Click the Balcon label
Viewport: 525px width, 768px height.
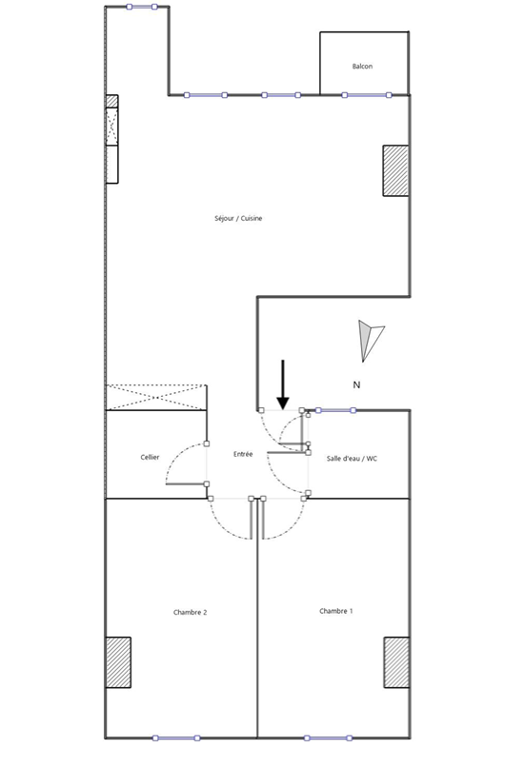(x=362, y=66)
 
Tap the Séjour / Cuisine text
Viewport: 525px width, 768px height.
(x=238, y=219)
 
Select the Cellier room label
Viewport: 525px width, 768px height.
(x=150, y=457)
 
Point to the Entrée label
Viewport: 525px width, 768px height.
(x=243, y=454)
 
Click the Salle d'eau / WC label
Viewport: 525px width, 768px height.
(x=352, y=459)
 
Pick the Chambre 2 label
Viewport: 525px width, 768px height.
(x=191, y=612)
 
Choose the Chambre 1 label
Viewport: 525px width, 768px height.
(x=336, y=611)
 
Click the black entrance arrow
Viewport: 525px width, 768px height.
(x=283, y=384)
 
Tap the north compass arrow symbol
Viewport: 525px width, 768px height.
(x=371, y=341)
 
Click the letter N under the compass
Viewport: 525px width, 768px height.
(x=357, y=385)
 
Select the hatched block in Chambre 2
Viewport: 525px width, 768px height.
(x=118, y=662)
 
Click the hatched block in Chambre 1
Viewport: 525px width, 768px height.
(x=396, y=662)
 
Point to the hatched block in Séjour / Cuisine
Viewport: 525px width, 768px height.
(x=395, y=170)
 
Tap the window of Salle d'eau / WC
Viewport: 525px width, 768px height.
(x=335, y=410)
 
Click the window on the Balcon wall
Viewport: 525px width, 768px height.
(x=367, y=95)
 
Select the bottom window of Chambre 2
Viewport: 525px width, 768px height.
(x=176, y=738)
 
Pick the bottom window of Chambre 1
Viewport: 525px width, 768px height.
(x=328, y=738)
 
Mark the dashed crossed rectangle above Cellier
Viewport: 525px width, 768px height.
(x=156, y=397)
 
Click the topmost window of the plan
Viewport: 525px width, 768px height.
(x=142, y=7)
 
